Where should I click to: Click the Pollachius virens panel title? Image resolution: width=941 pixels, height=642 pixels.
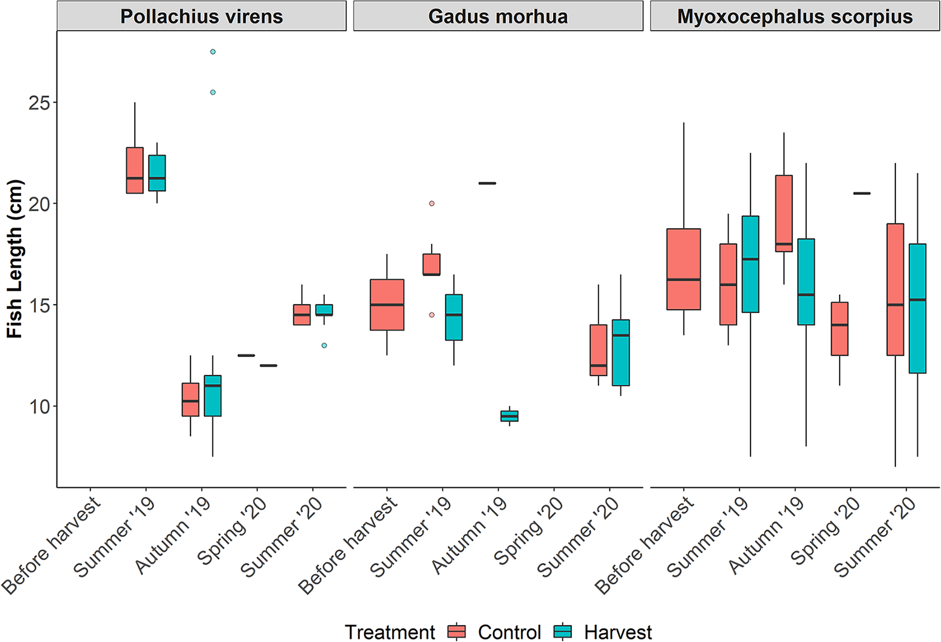click(x=202, y=16)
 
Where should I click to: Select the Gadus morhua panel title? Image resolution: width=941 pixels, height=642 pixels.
click(x=498, y=16)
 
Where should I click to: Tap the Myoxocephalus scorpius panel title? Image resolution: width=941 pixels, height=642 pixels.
click(x=795, y=16)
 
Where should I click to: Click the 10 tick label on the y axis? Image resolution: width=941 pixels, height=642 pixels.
click(x=39, y=407)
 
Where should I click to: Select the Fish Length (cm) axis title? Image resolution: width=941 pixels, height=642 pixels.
click(x=15, y=259)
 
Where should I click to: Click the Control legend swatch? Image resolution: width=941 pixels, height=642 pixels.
click(x=457, y=632)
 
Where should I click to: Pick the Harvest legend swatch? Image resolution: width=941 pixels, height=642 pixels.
click(x=563, y=632)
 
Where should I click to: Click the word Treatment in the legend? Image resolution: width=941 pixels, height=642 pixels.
click(x=390, y=632)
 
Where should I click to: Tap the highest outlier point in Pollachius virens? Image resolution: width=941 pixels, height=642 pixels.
click(x=213, y=52)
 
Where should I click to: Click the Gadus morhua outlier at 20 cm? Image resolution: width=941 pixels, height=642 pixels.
click(x=432, y=204)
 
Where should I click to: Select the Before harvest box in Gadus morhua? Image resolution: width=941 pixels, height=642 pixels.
click(x=387, y=305)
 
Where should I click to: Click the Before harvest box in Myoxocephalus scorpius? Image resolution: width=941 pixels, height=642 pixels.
click(x=684, y=269)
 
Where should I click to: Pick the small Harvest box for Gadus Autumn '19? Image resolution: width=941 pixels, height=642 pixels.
click(x=509, y=416)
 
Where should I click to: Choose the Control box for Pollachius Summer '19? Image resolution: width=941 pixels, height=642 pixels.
click(x=135, y=171)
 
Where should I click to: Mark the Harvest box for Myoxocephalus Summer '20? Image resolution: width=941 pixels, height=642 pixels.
click(x=917, y=308)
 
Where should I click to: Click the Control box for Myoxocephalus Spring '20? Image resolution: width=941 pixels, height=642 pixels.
click(x=840, y=329)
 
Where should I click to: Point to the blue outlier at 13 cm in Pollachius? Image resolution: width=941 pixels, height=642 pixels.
click(x=324, y=345)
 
